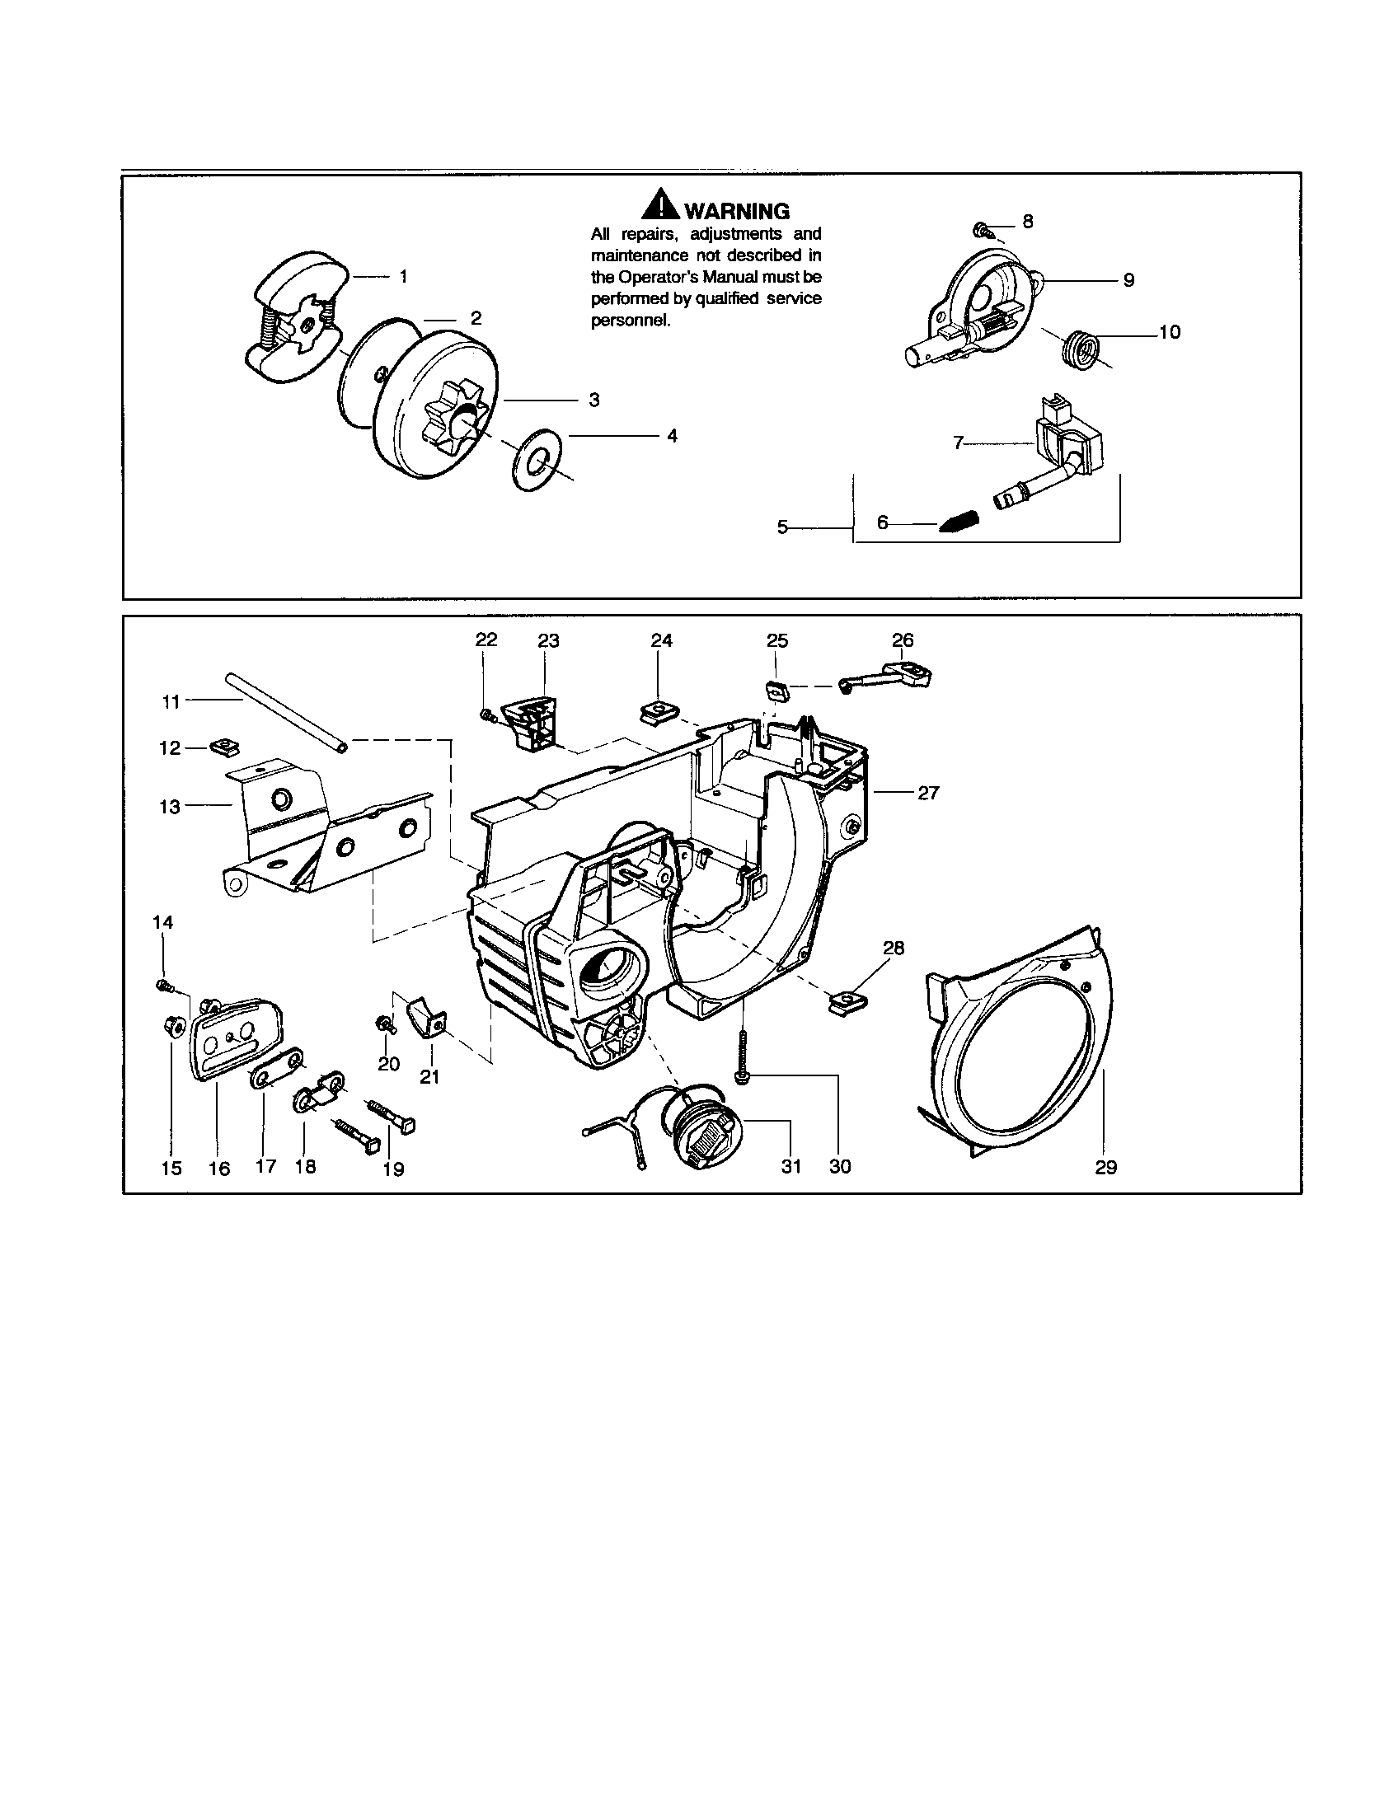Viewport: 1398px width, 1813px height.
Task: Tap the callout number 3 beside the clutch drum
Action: tap(593, 401)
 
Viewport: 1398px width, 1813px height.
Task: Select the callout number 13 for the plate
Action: tap(169, 807)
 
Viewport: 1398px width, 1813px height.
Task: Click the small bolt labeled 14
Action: tap(162, 986)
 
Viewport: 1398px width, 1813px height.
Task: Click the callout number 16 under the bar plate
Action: tap(218, 1168)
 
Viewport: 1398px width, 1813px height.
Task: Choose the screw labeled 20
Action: tap(384, 1024)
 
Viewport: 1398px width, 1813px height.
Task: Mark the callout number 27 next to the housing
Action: tap(927, 793)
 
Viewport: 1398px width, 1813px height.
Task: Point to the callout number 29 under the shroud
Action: tap(1105, 1167)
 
